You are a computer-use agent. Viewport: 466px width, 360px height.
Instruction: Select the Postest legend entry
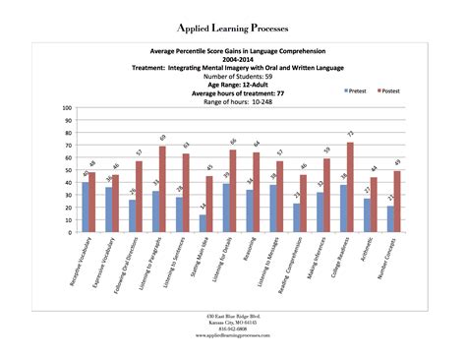click(391, 90)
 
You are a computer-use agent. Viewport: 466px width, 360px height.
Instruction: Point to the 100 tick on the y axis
click(66, 106)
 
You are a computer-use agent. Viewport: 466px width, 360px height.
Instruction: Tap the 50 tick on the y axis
click(68, 169)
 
